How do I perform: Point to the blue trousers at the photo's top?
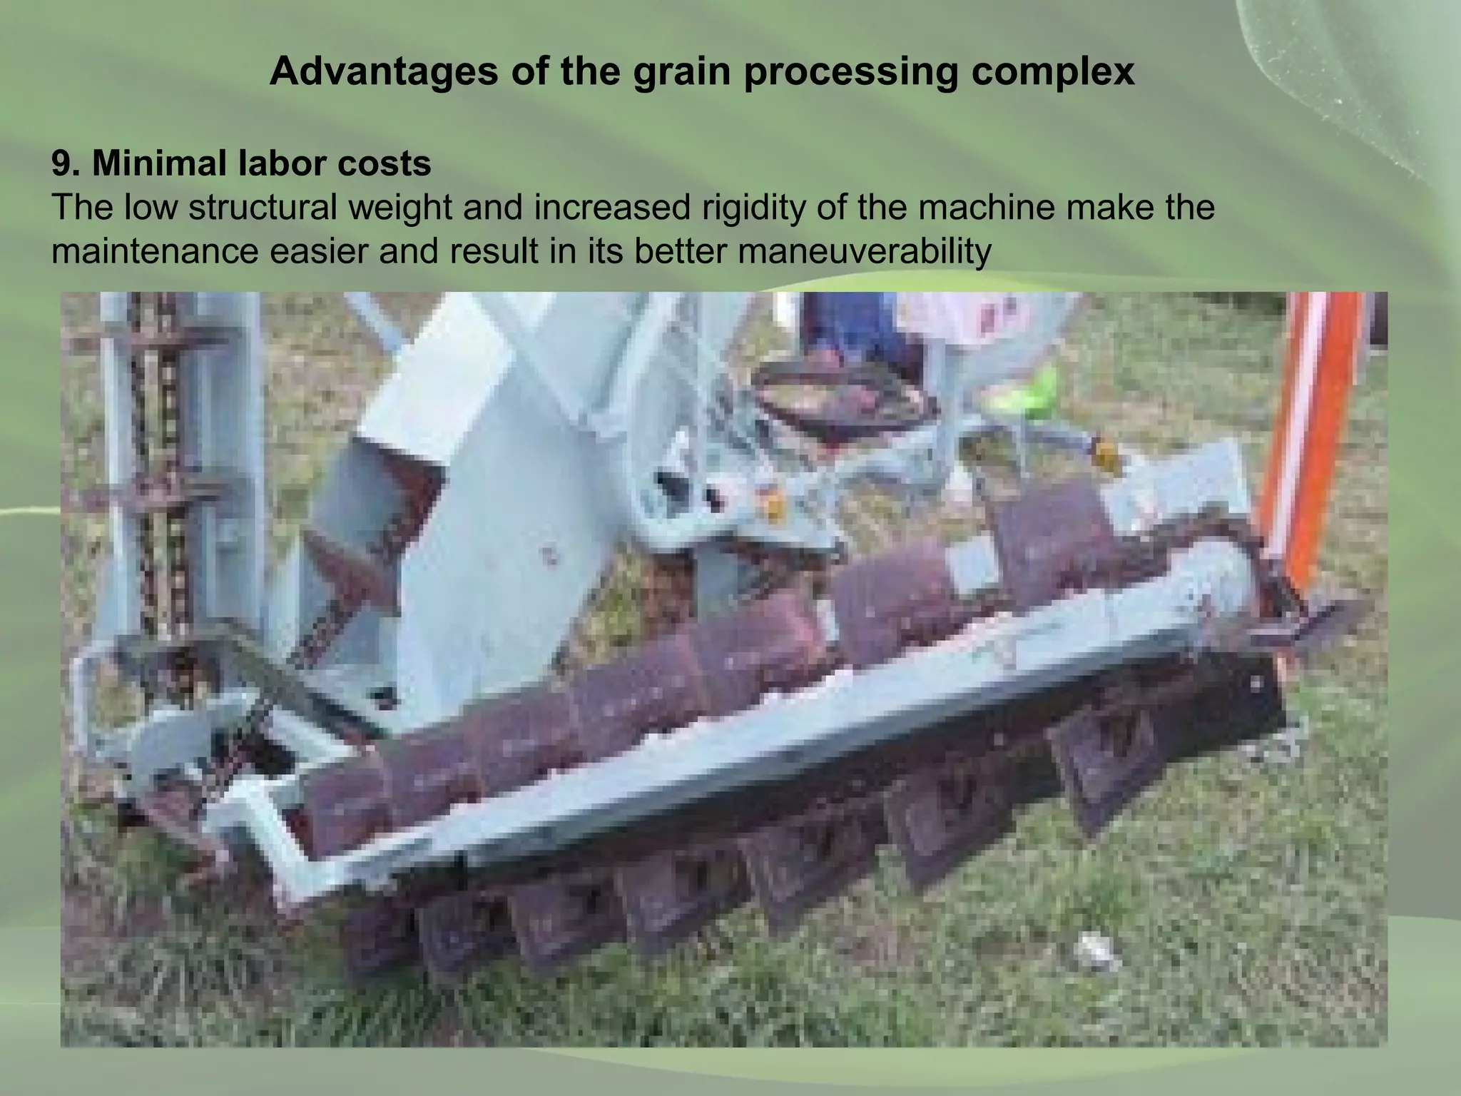(x=852, y=325)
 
